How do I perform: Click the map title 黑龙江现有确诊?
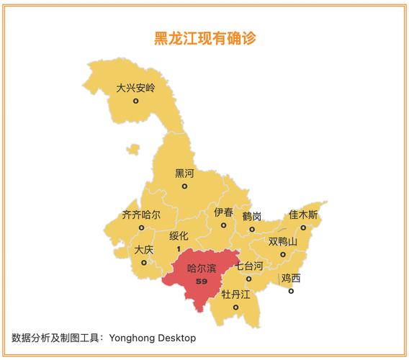click(x=204, y=39)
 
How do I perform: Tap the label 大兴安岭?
click(x=135, y=89)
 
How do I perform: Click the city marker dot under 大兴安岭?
click(x=135, y=102)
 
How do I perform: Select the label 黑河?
click(x=184, y=174)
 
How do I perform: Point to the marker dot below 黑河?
click(x=184, y=186)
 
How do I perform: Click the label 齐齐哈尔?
click(x=141, y=215)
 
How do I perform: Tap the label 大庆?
click(x=144, y=250)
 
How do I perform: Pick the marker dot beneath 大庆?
click(x=144, y=262)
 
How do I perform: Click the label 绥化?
click(x=179, y=236)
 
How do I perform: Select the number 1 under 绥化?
click(x=178, y=248)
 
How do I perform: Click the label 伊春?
click(x=223, y=212)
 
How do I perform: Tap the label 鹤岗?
click(x=252, y=217)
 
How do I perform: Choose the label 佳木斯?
click(x=303, y=215)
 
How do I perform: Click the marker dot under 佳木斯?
click(x=303, y=228)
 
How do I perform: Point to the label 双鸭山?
click(x=283, y=241)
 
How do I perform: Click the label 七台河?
click(x=248, y=266)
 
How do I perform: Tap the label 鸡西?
click(x=291, y=278)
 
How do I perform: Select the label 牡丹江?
click(x=235, y=294)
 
